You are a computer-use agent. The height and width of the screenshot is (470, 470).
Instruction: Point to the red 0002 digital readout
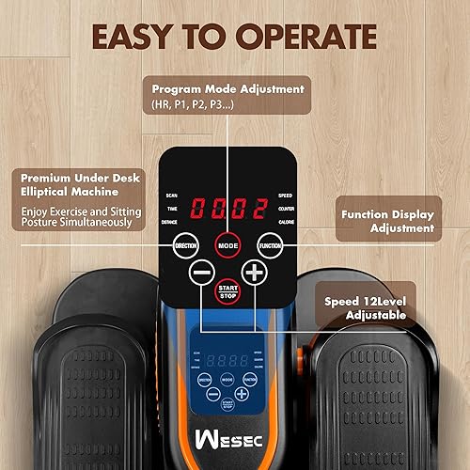point(227,206)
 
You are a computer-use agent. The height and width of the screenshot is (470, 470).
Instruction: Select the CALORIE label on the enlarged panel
point(286,222)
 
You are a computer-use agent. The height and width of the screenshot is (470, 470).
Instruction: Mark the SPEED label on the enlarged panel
point(286,196)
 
